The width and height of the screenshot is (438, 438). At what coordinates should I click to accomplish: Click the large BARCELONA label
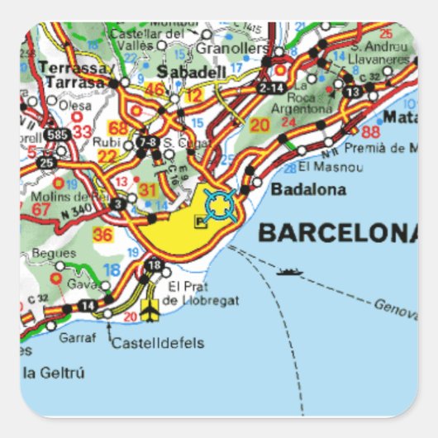338,232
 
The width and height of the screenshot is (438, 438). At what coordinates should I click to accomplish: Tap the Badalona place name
308,190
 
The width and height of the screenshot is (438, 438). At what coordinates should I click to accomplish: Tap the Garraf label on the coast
77,337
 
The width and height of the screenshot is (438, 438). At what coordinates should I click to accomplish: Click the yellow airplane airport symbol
150,312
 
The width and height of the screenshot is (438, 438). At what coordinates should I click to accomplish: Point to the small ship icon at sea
288,271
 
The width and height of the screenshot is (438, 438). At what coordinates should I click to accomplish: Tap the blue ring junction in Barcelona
219,204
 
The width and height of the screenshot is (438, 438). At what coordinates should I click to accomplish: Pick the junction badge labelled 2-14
270,86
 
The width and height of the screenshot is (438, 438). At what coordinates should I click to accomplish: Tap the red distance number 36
103,234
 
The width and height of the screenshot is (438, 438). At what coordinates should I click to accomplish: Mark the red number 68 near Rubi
118,128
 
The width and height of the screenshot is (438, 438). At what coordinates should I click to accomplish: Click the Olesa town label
75,105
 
